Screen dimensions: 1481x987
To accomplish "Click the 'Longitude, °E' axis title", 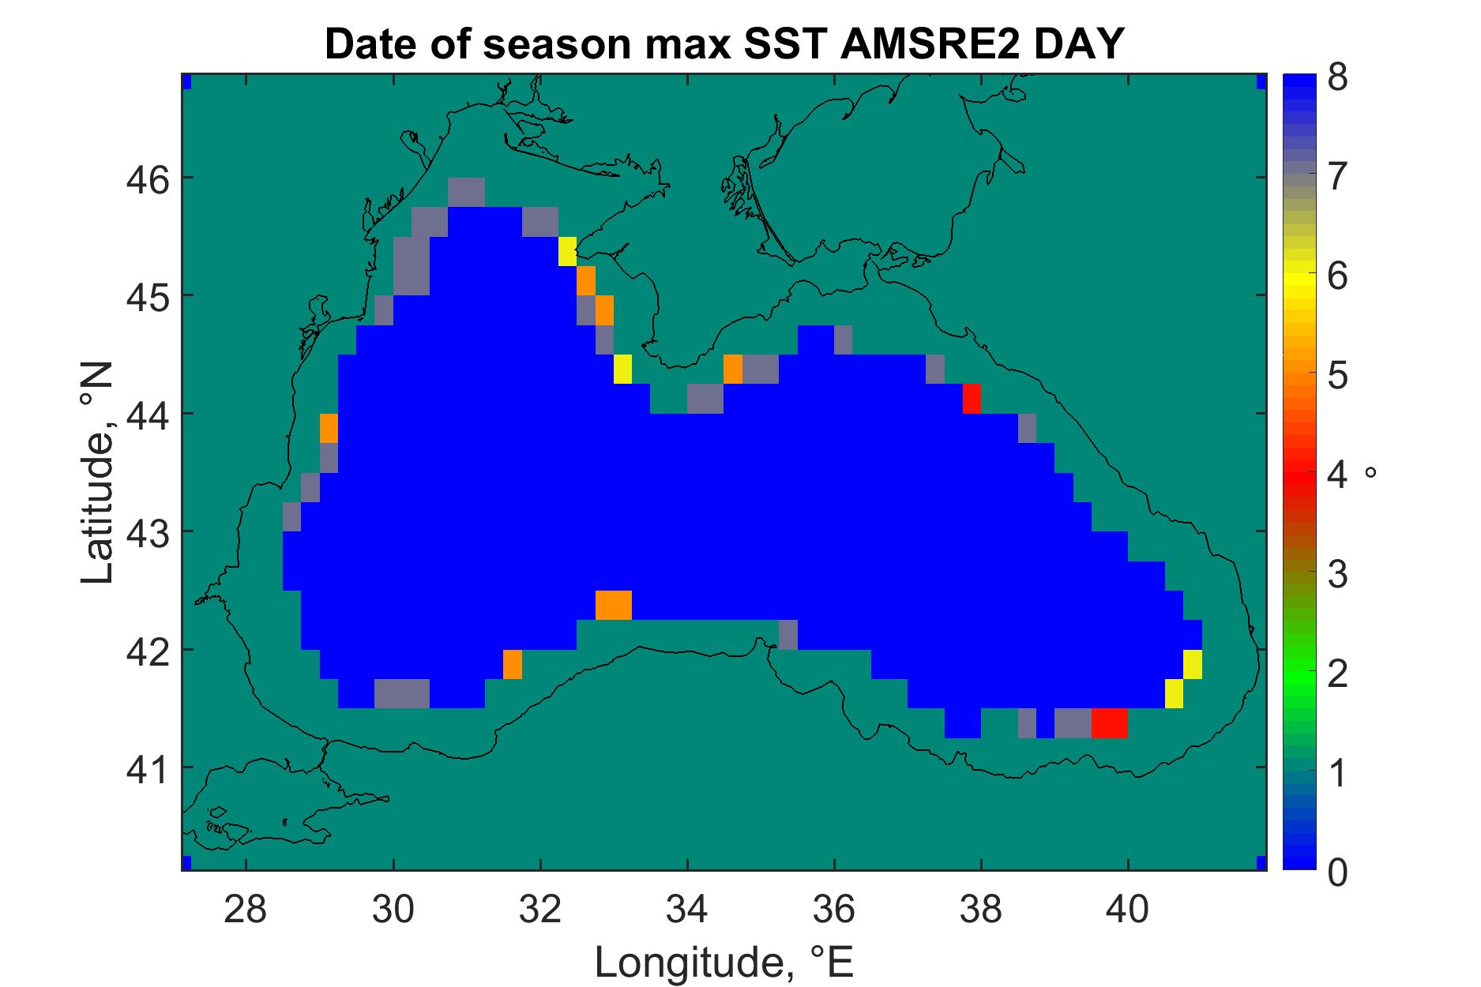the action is tap(724, 962).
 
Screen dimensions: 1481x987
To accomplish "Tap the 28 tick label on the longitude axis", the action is tap(246, 910).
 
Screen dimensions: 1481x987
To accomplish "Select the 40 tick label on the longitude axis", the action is tap(1128, 910).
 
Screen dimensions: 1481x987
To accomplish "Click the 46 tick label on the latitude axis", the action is tap(147, 178).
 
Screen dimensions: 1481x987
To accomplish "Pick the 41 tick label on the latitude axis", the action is tap(147, 767).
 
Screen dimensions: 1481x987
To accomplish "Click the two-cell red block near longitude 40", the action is tap(1109, 723).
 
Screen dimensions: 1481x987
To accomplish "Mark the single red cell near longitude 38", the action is tap(972, 399).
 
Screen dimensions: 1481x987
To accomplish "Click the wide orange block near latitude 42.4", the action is tap(614, 605).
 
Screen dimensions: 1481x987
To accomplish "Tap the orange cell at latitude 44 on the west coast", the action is tap(329, 428).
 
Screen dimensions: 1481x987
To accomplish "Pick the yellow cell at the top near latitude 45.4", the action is tap(568, 252).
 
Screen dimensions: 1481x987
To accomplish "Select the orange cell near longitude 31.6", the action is tap(513, 664).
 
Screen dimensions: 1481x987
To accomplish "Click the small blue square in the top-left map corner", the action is tap(187, 82).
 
